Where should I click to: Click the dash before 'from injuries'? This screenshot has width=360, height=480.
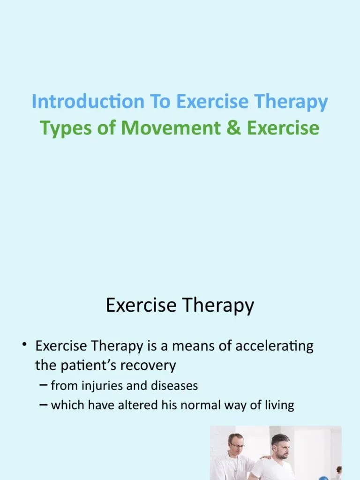click(x=43, y=386)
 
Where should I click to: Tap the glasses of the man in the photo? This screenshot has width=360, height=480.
click(x=237, y=445)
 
